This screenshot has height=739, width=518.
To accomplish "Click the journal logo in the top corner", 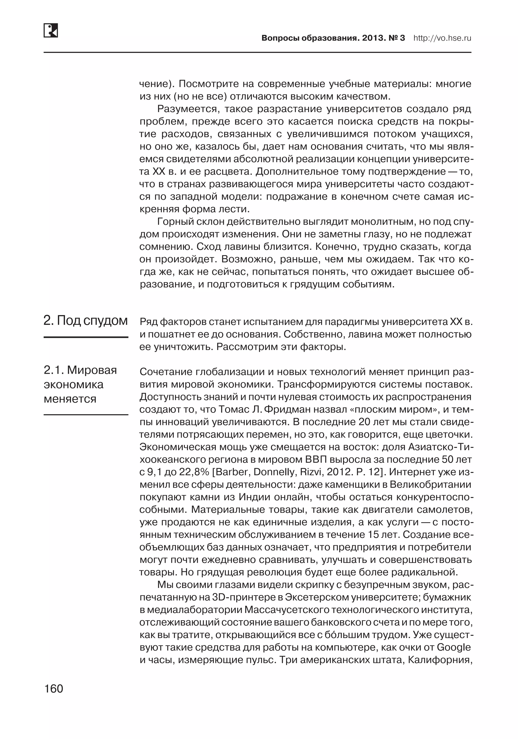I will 51,31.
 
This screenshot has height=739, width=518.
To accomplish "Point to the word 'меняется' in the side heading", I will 70,399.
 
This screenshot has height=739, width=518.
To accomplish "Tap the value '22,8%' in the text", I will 192,472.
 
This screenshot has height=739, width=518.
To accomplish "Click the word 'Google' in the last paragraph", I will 454,647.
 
